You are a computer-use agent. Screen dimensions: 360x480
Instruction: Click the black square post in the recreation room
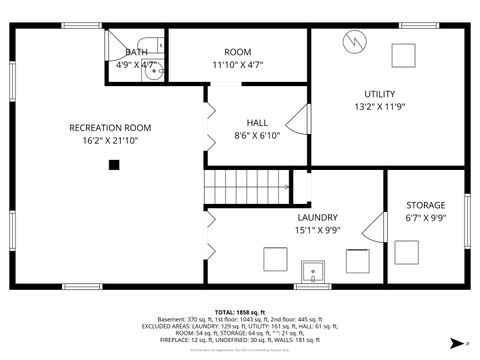(x=114, y=166)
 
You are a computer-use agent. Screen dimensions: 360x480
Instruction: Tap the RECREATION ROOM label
(x=109, y=127)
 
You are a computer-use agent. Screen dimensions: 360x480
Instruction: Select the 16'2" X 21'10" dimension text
(x=109, y=141)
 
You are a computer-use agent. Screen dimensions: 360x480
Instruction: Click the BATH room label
(x=137, y=52)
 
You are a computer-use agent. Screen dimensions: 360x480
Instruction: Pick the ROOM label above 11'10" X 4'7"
(x=237, y=52)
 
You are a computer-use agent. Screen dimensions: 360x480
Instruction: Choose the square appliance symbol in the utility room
(x=403, y=53)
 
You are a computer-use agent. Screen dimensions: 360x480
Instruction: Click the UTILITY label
(x=379, y=94)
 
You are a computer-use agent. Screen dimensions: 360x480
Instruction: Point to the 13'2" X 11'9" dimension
(x=379, y=107)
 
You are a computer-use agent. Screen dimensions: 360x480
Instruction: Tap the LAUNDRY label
(x=317, y=217)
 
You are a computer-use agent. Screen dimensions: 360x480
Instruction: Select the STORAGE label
(x=425, y=205)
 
